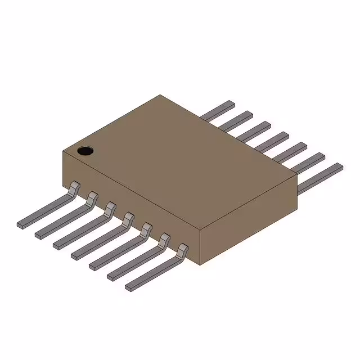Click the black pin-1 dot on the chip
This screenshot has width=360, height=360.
click(84, 151)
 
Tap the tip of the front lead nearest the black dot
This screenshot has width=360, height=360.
click(21, 224)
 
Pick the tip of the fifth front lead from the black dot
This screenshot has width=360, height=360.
click(93, 266)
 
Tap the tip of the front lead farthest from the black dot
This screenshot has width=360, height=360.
click(129, 287)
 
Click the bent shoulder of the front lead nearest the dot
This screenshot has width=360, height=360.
click(74, 187)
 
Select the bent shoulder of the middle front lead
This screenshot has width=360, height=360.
click(128, 218)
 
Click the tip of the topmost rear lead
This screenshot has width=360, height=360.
click(230, 104)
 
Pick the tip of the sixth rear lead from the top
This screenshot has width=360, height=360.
click(320, 156)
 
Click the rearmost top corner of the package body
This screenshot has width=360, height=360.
click(160, 95)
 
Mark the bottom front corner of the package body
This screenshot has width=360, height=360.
click(200, 264)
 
